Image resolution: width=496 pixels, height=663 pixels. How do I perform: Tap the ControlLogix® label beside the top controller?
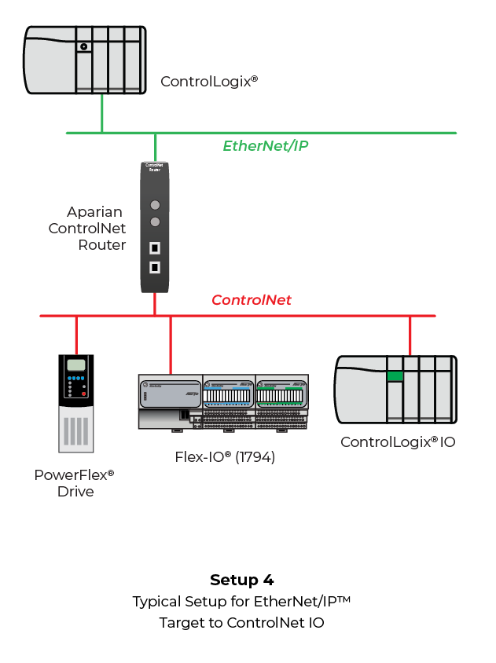point(209,81)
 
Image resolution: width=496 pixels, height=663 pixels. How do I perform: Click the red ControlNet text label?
point(252,299)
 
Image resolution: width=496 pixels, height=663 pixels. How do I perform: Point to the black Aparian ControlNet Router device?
point(155,227)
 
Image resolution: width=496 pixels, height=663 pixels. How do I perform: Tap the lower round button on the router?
point(155,222)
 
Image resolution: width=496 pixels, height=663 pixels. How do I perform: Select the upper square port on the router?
point(155,249)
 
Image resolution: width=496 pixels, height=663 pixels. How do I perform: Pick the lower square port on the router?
point(155,267)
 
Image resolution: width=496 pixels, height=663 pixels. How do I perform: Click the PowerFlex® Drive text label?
point(75,483)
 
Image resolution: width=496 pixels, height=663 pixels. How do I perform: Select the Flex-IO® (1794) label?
point(225,456)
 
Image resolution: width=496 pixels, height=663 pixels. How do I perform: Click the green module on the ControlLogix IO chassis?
point(394,376)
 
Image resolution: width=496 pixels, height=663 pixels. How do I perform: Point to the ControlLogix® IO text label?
point(397,441)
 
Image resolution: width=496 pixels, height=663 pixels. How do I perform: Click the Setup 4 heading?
point(242,581)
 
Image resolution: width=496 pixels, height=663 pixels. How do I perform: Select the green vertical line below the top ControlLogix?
point(101,115)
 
